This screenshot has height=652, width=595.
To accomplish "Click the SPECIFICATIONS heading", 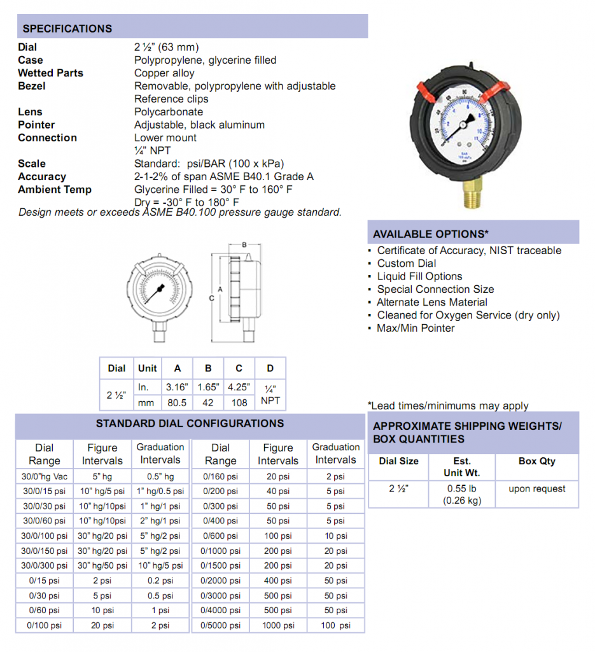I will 67,29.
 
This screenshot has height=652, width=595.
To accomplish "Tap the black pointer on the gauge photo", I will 468,119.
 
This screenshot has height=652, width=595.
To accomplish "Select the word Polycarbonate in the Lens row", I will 169,112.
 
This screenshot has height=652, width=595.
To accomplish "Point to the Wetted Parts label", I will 50,73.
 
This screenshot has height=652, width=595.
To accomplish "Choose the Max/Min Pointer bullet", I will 416,328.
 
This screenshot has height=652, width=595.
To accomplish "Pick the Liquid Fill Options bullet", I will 419,276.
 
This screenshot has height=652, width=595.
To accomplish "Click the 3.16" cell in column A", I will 178,386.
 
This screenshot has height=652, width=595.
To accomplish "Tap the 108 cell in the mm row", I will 239,402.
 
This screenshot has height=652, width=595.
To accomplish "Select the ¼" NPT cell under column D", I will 270,394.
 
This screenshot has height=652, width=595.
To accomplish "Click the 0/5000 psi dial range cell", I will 220,625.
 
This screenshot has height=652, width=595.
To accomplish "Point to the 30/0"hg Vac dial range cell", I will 45,476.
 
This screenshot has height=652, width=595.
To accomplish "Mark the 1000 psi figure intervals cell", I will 277,625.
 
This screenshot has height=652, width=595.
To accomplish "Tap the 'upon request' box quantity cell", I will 537,488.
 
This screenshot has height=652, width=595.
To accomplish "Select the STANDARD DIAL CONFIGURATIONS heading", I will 190,423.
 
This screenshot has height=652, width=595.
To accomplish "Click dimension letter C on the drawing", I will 211,297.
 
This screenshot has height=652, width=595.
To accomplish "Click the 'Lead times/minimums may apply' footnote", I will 448,406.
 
